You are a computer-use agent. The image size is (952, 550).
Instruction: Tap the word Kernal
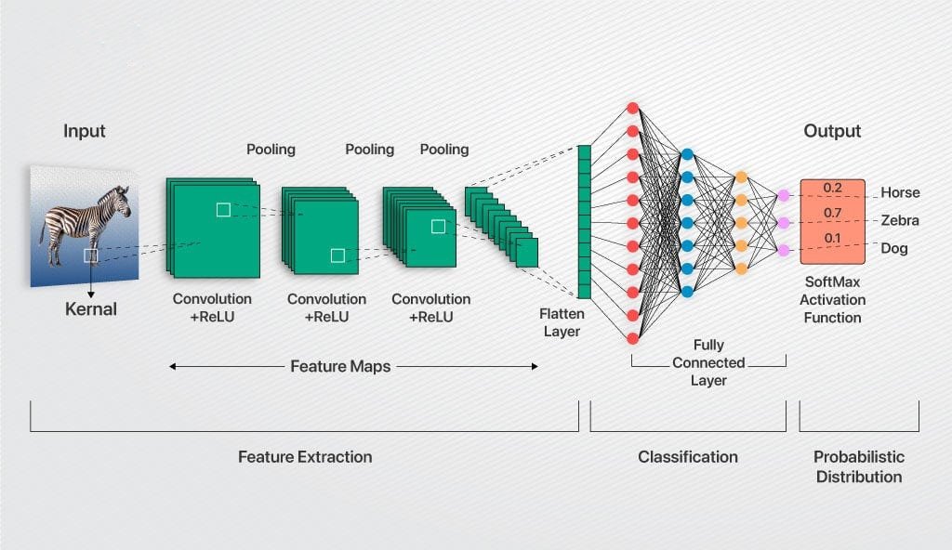coord(91,308)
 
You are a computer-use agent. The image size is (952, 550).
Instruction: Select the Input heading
coord(85,131)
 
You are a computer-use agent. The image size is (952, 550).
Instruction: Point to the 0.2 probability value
coord(832,189)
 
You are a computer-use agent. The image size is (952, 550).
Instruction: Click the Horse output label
coord(900,193)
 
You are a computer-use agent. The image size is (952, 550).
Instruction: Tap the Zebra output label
coord(900,221)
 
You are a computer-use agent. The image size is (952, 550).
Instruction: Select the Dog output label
coord(894,249)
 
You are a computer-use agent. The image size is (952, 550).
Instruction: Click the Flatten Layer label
coord(562,322)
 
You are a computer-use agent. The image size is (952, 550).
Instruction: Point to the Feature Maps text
coord(340,366)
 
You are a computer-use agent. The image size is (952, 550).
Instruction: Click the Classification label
coord(688,456)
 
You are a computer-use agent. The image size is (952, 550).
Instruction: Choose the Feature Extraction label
coord(305,456)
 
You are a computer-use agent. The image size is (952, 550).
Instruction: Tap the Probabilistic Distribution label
coord(858,466)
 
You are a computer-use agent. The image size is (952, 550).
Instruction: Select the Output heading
coord(832,131)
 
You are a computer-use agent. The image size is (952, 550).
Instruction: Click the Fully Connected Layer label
coord(708,362)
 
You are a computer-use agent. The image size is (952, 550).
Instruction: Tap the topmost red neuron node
coord(633,108)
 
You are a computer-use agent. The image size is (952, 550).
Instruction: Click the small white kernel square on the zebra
coord(90,255)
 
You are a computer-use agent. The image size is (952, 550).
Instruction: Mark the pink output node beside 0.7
coord(783,223)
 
